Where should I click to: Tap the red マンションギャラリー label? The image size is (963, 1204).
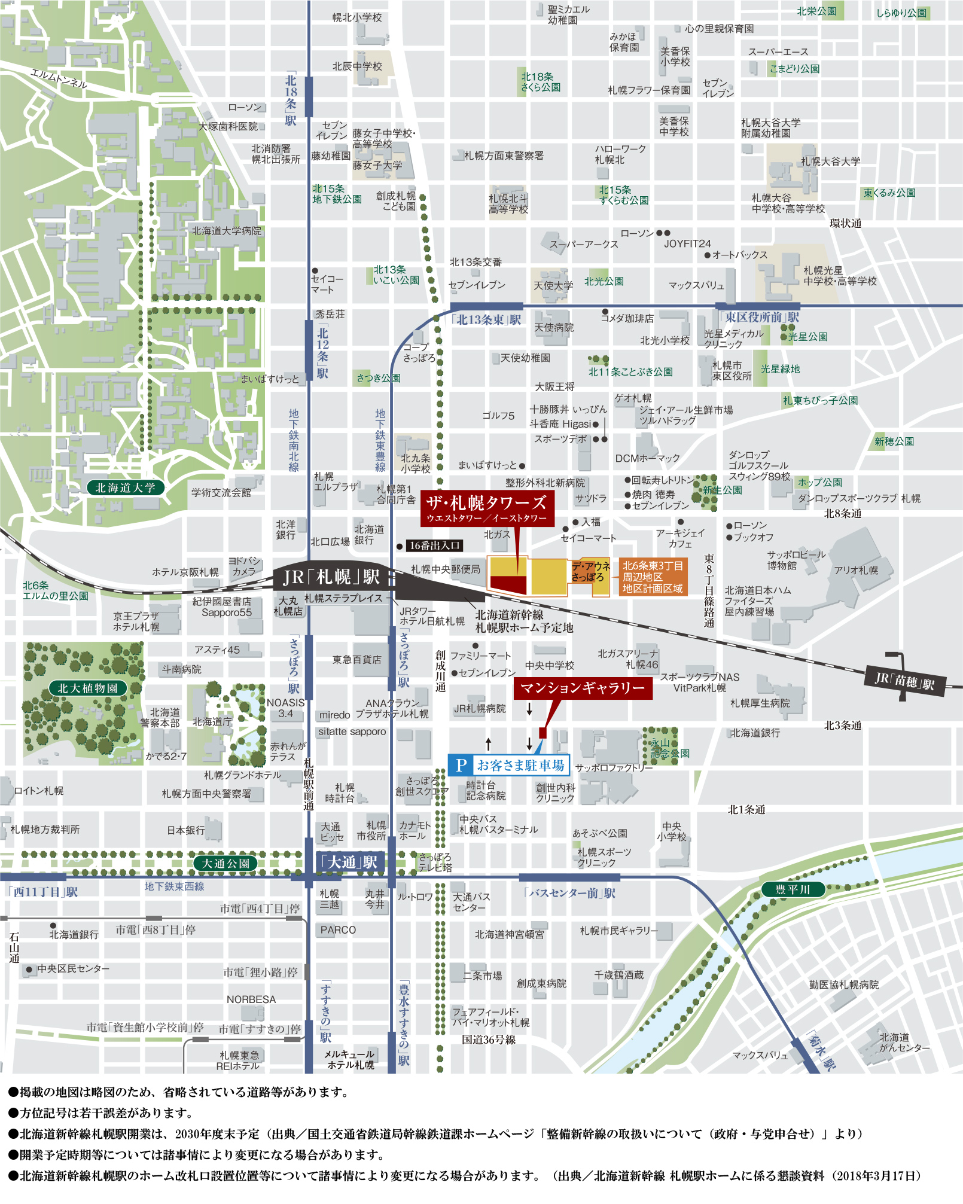pyautogui.click(x=583, y=688)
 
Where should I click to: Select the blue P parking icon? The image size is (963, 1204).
pyautogui.click(x=461, y=765)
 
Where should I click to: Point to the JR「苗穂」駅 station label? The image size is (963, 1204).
pyautogui.click(x=904, y=680)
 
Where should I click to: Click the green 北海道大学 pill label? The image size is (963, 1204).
pyautogui.click(x=125, y=487)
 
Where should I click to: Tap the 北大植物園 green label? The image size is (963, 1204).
pyautogui.click(x=88, y=688)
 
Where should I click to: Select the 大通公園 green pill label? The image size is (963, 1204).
pyautogui.click(x=225, y=863)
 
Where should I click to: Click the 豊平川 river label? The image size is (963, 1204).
pyautogui.click(x=793, y=889)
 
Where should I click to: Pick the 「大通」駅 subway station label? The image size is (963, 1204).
pyautogui.click(x=350, y=862)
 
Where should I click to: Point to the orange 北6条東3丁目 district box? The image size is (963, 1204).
pyautogui.click(x=653, y=577)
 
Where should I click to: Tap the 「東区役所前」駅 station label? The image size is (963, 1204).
pyautogui.click(x=759, y=317)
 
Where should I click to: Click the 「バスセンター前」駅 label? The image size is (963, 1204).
pyautogui.click(x=569, y=893)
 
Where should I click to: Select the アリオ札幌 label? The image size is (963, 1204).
pyautogui.click(x=856, y=570)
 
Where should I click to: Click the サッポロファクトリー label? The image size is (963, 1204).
pyautogui.click(x=614, y=767)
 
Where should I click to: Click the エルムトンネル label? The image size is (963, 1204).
pyautogui.click(x=59, y=79)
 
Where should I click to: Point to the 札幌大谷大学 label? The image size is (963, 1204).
pyautogui.click(x=830, y=161)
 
